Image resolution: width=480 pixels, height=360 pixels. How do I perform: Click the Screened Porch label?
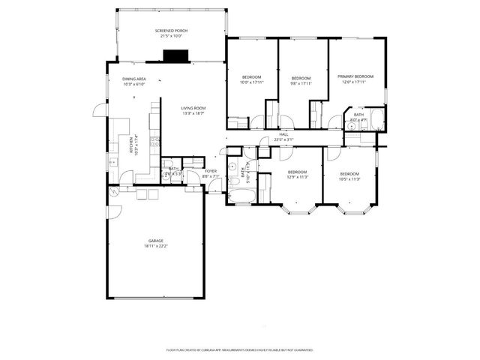171,31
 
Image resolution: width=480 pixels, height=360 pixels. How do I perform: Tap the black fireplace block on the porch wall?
175,55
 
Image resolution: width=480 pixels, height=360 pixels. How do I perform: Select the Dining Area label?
133,79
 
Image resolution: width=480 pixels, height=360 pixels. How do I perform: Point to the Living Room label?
193,109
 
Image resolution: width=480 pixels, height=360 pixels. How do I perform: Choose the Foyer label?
211,171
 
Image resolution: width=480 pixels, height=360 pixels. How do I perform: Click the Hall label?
283,134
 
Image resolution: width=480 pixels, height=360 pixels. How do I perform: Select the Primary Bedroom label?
355,76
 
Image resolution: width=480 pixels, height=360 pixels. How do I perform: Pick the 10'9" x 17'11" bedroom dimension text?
251,83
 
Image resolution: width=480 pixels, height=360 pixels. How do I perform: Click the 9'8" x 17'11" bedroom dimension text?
301,83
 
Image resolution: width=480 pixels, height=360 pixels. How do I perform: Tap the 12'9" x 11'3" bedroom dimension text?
298,177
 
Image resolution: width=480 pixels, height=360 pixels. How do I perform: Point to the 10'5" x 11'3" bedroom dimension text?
349,178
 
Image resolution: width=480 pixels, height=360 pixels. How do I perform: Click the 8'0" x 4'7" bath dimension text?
358,119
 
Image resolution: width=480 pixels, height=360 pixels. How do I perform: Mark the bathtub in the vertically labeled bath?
241,196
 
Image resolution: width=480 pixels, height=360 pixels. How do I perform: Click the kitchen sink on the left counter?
112,162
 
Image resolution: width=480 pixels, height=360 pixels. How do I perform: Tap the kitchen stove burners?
154,142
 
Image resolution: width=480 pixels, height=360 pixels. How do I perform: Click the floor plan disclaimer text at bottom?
239,349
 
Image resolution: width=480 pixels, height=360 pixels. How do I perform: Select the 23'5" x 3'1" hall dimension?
283,139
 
